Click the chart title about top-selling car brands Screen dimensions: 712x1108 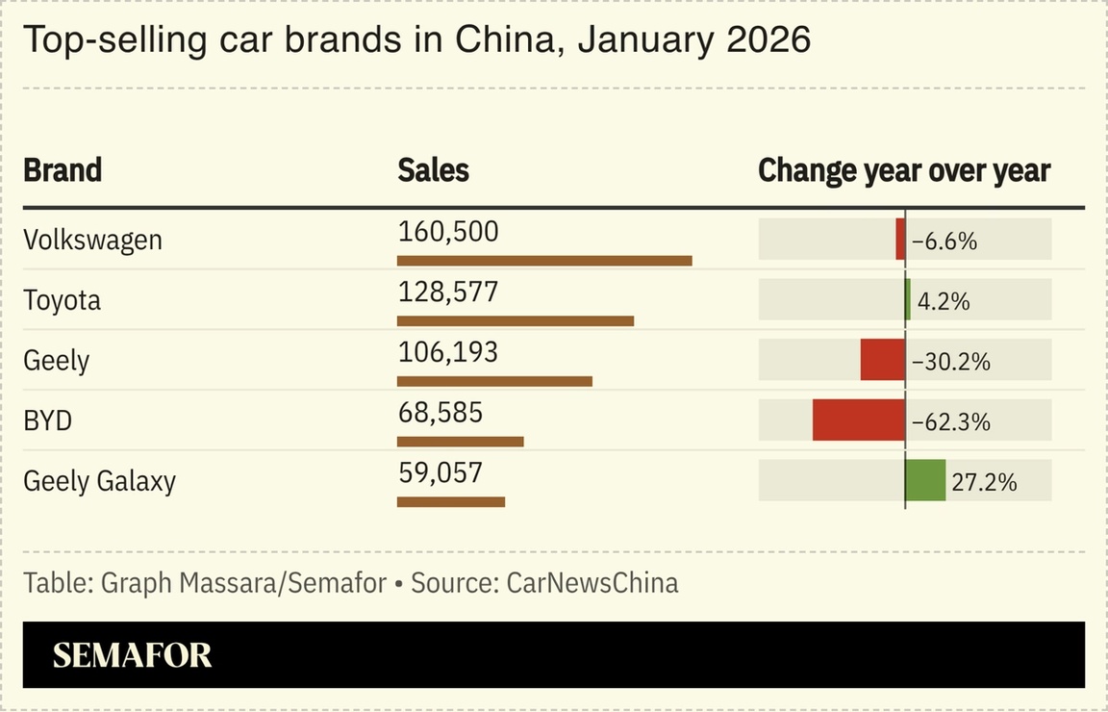click(x=416, y=40)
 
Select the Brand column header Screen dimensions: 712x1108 click(x=63, y=170)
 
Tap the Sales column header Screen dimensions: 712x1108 click(x=433, y=170)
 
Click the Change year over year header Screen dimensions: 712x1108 click(x=904, y=170)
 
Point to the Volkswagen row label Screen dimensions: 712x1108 click(x=92, y=240)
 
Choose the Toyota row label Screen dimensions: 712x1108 click(x=62, y=300)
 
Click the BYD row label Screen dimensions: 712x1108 click(x=47, y=420)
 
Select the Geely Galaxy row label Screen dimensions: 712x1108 click(x=99, y=481)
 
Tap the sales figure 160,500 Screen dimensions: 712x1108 click(x=448, y=232)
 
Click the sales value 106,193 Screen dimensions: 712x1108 click(x=448, y=352)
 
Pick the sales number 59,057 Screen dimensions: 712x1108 click(x=440, y=472)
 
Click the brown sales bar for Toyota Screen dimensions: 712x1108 click(x=516, y=320)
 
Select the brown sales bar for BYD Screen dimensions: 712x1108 click(x=460, y=442)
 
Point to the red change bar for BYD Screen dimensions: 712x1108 click(x=858, y=420)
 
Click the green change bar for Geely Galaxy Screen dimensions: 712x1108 click(x=925, y=480)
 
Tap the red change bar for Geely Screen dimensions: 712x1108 click(x=882, y=360)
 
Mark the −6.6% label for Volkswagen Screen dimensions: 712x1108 click(x=944, y=242)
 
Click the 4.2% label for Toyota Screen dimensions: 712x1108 click(x=943, y=301)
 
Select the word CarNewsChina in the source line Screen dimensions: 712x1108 click(x=592, y=583)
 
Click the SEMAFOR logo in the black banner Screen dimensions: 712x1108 click(x=132, y=655)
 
